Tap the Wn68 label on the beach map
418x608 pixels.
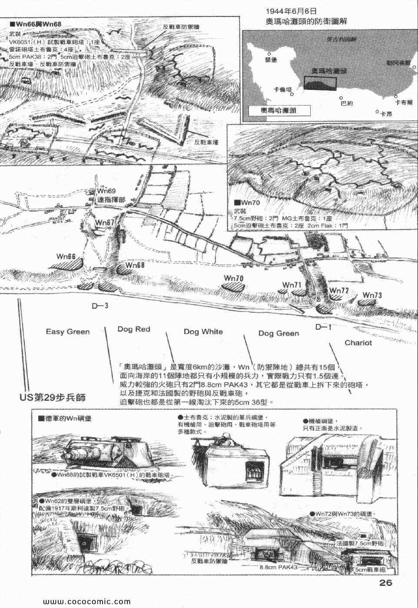click(x=135, y=264)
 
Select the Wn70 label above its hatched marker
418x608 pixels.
click(x=233, y=278)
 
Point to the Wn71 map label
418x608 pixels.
click(x=292, y=285)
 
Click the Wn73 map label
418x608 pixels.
click(x=372, y=295)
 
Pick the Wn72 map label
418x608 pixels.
click(x=339, y=290)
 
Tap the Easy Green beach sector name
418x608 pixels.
click(x=68, y=332)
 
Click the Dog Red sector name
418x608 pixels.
click(x=134, y=329)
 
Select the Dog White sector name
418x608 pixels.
click(x=203, y=332)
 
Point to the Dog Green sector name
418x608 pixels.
click(x=279, y=334)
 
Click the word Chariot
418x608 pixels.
click(x=358, y=343)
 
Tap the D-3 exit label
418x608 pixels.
click(x=100, y=306)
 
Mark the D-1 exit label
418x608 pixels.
click(x=323, y=327)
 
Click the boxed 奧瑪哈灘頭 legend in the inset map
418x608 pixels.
click(x=277, y=110)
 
